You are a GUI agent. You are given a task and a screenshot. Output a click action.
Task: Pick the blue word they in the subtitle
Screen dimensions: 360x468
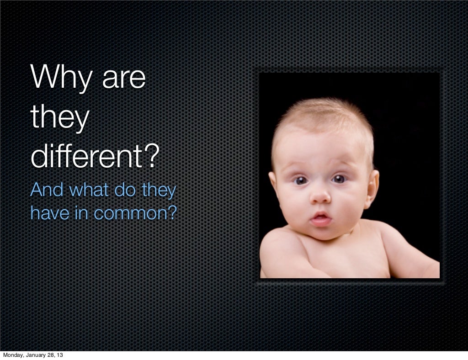158,191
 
